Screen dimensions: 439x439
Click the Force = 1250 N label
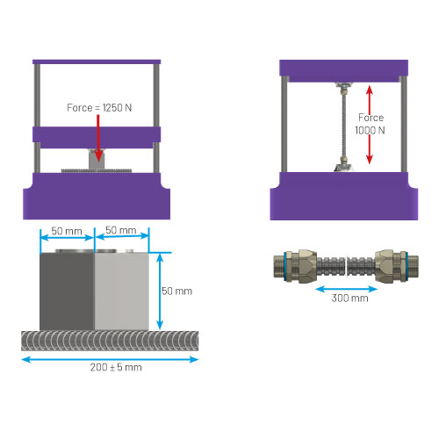click(x=99, y=108)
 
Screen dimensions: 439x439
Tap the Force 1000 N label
click(x=371, y=124)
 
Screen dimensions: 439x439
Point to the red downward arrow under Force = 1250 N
click(x=98, y=138)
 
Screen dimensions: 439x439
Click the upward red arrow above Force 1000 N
click(x=370, y=99)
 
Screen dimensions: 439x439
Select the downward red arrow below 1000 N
click(x=370, y=149)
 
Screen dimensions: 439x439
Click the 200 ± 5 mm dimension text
click(x=116, y=367)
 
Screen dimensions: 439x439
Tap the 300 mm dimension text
click(x=349, y=299)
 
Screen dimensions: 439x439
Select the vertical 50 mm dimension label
click(x=176, y=291)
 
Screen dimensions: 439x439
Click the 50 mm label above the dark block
click(x=67, y=231)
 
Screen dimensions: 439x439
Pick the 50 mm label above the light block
click(x=121, y=230)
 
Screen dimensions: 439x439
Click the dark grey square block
click(x=67, y=291)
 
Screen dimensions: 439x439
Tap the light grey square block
click(x=122, y=291)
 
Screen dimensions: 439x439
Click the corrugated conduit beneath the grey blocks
click(x=110, y=341)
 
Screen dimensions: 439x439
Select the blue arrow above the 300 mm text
click(x=347, y=290)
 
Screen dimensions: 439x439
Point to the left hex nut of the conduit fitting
click(x=307, y=266)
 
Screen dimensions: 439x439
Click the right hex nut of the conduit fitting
click(x=385, y=266)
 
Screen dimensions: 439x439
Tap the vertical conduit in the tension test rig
click(x=344, y=127)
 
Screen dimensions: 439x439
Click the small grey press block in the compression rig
click(x=97, y=159)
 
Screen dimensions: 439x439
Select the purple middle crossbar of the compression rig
click(x=97, y=137)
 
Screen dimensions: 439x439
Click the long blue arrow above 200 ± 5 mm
click(x=110, y=359)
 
